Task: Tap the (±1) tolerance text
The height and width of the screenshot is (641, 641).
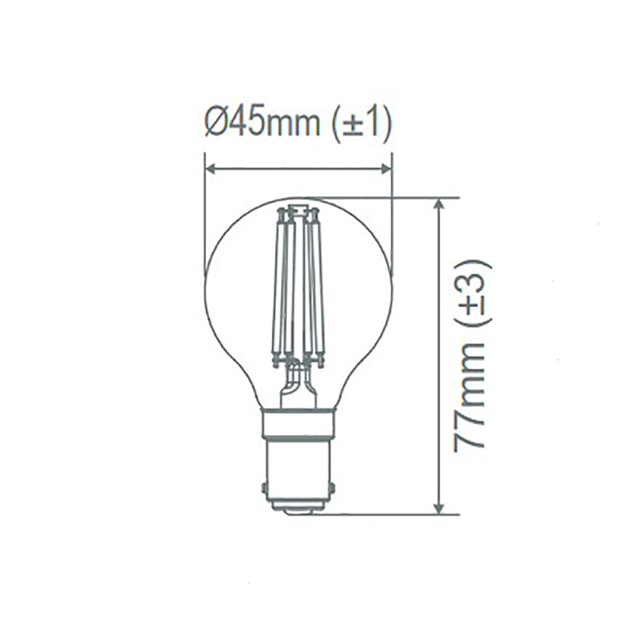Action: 362,124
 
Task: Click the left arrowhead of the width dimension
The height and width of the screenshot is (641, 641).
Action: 211,169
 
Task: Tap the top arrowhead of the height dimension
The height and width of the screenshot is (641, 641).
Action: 439,204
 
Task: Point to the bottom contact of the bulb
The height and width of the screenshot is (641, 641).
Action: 299,508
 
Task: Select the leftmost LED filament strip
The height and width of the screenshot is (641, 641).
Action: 278,288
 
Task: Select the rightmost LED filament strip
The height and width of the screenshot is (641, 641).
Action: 319,288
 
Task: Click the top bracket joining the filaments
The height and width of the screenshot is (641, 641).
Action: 298,210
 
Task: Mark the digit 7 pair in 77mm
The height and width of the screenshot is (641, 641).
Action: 469,435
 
